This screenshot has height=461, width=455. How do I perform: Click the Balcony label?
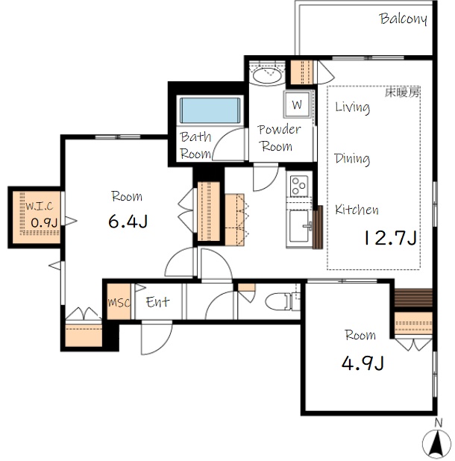point(403,19)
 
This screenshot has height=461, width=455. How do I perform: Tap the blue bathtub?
point(210,110)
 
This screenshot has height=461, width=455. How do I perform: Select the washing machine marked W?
point(297,104)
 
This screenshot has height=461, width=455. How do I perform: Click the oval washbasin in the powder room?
point(267,75)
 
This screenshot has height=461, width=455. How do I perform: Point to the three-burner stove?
point(299,186)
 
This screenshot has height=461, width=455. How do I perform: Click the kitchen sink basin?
point(299,226)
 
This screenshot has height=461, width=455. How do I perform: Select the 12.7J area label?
point(390,237)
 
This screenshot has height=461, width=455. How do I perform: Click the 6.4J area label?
point(128,221)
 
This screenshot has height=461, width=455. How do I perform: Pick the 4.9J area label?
point(363,363)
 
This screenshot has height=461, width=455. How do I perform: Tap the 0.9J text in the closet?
point(44,223)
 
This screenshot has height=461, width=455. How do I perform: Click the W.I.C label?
point(39,206)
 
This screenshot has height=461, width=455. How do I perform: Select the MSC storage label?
point(119,302)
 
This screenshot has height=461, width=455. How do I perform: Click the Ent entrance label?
point(157,301)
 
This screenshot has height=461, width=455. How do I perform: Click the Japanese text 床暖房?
point(402,93)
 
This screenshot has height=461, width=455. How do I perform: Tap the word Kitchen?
point(357,210)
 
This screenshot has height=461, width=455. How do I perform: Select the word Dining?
point(352,159)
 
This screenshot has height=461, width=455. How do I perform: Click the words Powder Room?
point(279,137)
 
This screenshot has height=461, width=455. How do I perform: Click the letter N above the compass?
point(439,423)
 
